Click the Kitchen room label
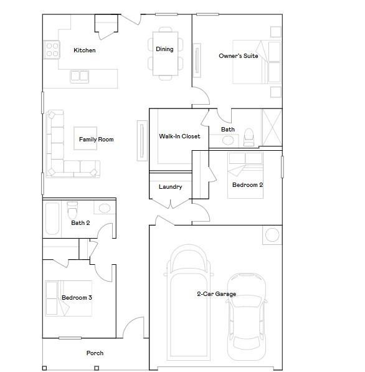[85, 50]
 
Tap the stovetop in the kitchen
[52, 50]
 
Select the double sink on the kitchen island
[80, 76]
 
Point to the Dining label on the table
[164, 49]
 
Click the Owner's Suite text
[239, 56]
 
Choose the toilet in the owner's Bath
[249, 137]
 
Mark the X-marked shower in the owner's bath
[272, 127]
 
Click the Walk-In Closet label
[179, 136]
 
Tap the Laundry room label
[171, 187]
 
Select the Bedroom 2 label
[248, 185]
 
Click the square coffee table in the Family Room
[85, 138]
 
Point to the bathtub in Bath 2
[52, 218]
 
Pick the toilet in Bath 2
[72, 210]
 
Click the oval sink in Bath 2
[105, 208]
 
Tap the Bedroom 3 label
[77, 298]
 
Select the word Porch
[95, 353]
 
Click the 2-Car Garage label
[217, 294]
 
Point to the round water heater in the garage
[272, 235]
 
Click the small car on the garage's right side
[247, 317]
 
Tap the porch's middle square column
[97, 368]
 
